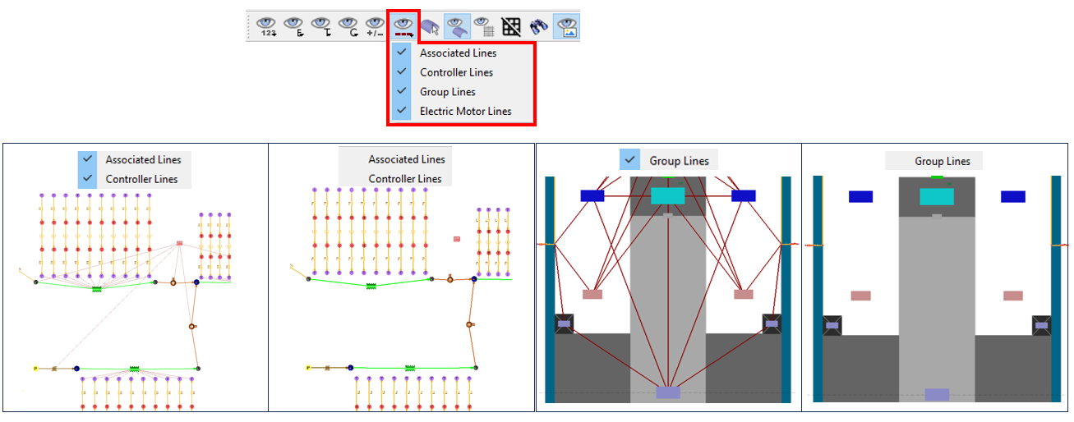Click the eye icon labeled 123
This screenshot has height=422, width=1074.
click(x=267, y=26)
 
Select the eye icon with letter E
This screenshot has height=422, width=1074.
click(x=294, y=26)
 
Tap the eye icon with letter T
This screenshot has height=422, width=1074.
click(x=321, y=26)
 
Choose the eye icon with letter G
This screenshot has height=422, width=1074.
click(x=348, y=26)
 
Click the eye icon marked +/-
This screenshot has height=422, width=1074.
click(x=376, y=26)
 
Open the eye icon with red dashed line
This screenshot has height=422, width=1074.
click(x=403, y=26)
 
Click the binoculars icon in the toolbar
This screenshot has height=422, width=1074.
click(x=539, y=26)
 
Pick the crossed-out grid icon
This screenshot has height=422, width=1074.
click(x=512, y=26)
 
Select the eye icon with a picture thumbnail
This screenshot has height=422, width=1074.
click(x=566, y=26)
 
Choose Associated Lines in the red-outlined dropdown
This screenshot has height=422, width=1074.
click(x=458, y=53)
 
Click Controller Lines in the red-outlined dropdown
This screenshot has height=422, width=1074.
click(x=456, y=72)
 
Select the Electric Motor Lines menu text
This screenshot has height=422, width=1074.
click(x=465, y=111)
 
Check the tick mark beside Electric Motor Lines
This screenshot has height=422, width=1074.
click(x=401, y=111)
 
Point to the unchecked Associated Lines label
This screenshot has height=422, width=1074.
click(x=406, y=159)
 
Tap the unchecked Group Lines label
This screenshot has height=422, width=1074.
click(x=942, y=161)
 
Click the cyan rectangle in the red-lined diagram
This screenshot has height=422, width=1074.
click(x=667, y=195)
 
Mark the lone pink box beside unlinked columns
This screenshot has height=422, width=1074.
click(x=457, y=239)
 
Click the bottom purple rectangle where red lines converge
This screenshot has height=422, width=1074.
click(x=668, y=392)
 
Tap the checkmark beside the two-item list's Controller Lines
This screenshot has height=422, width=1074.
click(x=88, y=178)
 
